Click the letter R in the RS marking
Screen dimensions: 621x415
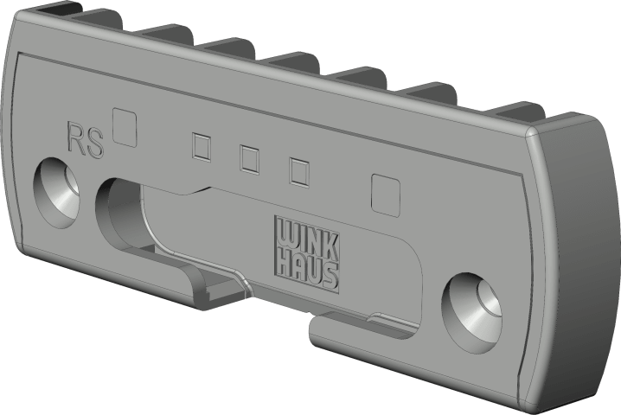76,137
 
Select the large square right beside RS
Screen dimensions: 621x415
125,127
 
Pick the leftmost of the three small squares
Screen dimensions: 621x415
202,146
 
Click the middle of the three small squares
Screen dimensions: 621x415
250,159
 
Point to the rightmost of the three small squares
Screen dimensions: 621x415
299,171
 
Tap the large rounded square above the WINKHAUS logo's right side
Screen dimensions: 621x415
386,195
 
